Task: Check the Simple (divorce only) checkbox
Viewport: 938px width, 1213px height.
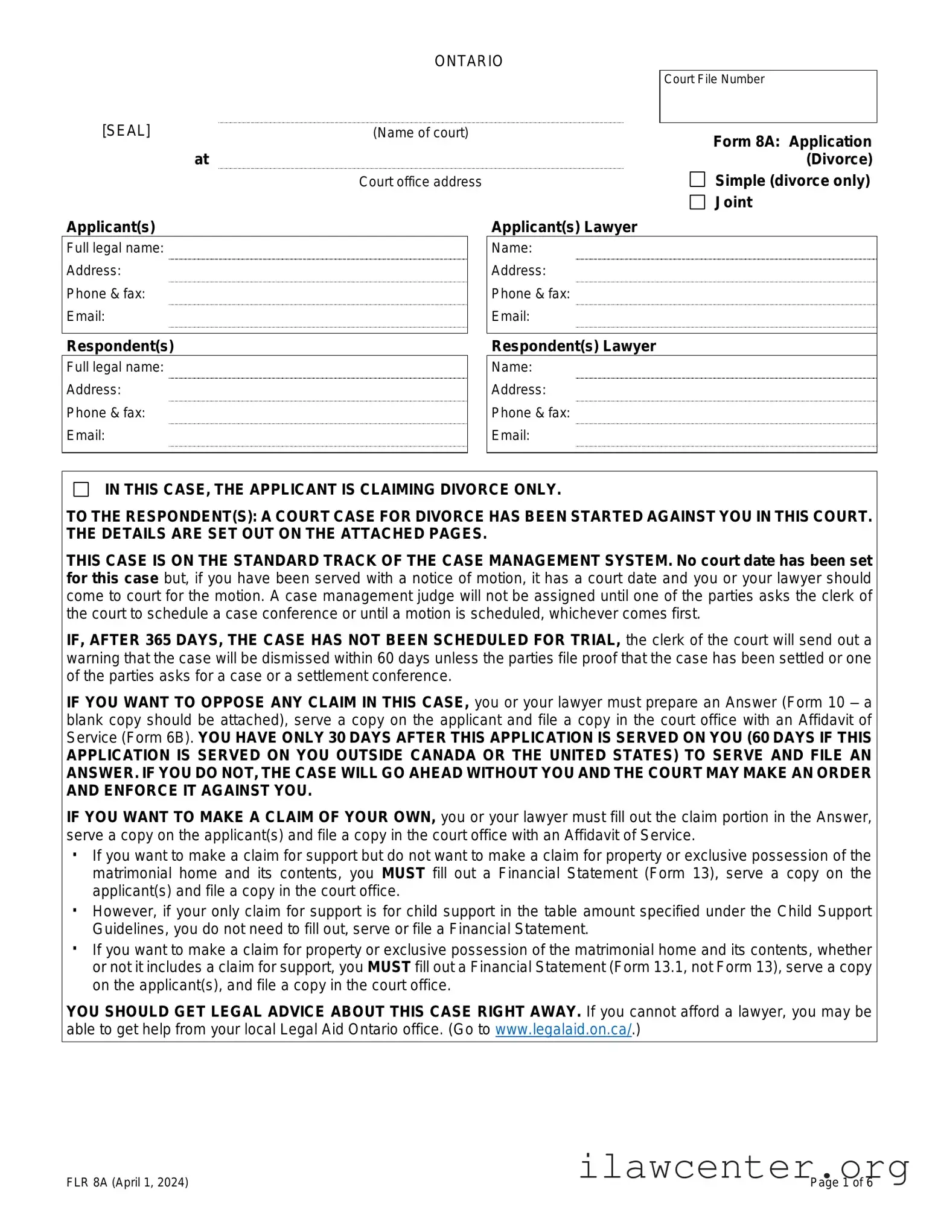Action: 697,180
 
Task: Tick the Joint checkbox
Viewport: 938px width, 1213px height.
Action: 697,202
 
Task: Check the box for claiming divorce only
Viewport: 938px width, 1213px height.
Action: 81,489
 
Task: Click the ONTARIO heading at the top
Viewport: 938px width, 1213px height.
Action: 468,61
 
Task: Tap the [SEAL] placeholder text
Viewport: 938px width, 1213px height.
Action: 126,131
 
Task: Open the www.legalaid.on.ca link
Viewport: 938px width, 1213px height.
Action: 563,1030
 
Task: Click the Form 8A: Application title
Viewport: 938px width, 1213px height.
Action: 792,142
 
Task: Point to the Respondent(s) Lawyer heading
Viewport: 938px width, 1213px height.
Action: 573,346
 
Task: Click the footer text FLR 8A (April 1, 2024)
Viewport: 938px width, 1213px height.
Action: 127,1182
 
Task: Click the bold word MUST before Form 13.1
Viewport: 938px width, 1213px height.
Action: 389,968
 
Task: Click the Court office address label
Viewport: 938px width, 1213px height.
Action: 420,182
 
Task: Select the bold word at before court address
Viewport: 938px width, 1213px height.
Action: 202,160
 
